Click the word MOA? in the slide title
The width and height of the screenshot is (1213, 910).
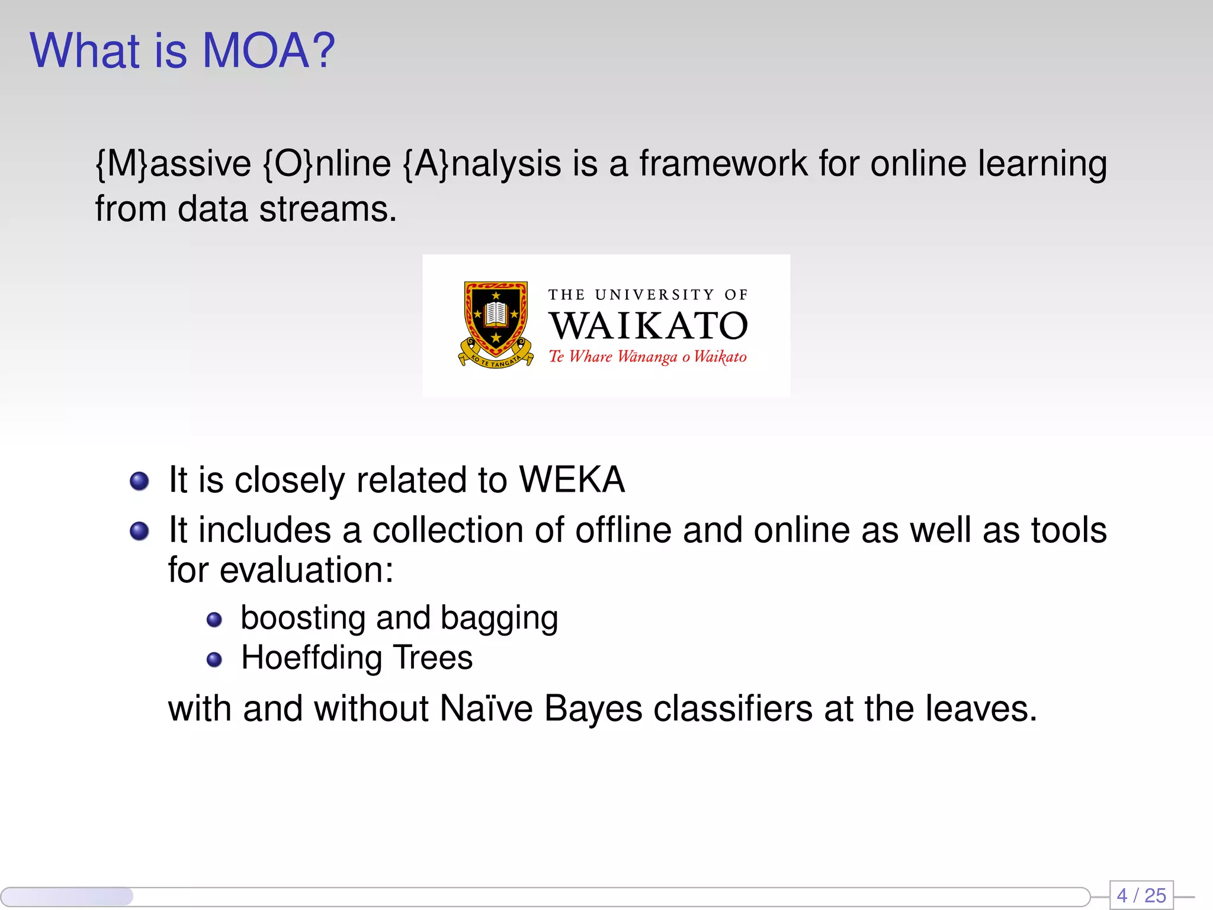point(268,51)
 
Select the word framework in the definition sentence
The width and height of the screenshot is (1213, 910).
point(723,164)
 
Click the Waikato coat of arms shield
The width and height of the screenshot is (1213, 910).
point(496,321)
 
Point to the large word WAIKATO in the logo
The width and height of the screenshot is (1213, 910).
point(648,326)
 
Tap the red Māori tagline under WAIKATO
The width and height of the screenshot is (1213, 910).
point(647,357)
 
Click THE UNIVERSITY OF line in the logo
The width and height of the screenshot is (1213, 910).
point(648,294)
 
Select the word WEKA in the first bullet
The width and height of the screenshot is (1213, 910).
point(572,479)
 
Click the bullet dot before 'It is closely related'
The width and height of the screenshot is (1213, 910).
point(139,481)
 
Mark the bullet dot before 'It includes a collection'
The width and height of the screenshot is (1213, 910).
point(139,531)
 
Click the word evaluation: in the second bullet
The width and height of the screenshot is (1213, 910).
point(306,571)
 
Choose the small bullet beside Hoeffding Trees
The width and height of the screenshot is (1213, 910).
point(214,659)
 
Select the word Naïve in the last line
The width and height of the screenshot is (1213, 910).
point(486,709)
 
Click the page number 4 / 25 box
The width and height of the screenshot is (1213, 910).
point(1141,895)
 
